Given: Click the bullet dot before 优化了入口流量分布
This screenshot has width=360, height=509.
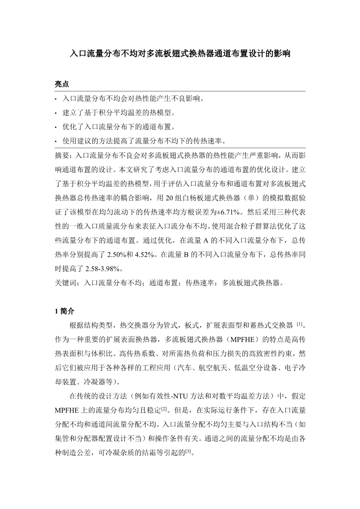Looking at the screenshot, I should (x=57, y=127).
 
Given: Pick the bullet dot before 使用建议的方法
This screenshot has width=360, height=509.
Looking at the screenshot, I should (x=57, y=141).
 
